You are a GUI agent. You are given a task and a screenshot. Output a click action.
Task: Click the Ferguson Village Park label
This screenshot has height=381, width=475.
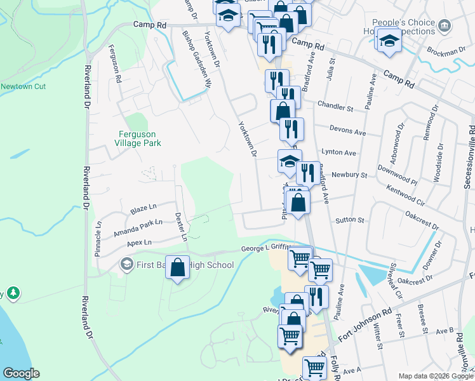[x=140, y=138]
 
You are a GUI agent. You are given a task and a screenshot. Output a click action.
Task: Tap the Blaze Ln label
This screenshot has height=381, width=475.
[x=143, y=208]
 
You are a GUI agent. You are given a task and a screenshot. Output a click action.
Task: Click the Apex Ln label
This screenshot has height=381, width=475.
[x=139, y=243]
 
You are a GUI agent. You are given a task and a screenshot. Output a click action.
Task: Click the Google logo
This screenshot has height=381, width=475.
[x=21, y=373]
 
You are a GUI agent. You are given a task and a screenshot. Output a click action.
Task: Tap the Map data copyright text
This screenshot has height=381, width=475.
[x=435, y=375]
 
